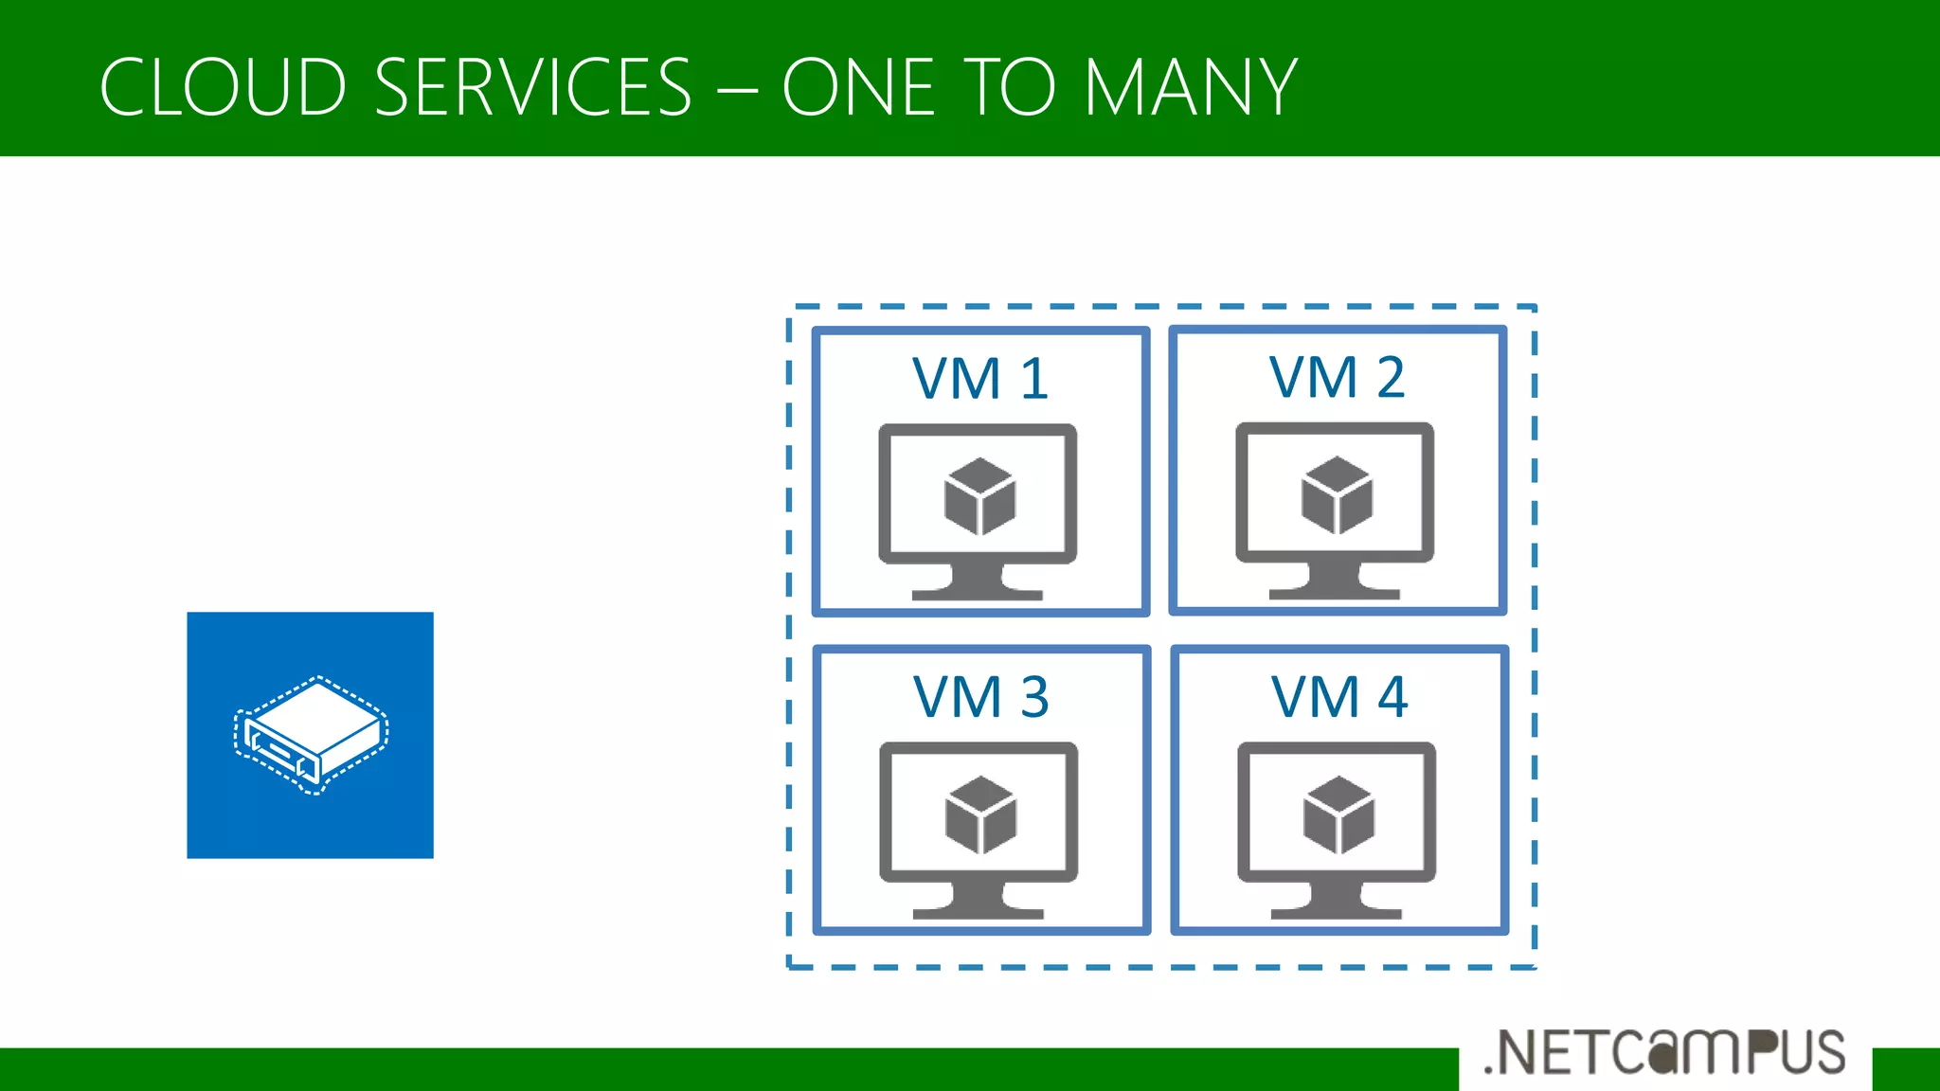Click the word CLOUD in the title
223,87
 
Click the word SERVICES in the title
533,87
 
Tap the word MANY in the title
1190,87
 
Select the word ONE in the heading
858,87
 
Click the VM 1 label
979,379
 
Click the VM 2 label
1337,377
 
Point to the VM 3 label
980,697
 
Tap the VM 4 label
1338,697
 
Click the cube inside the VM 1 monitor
979,496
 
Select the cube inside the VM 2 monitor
1337,494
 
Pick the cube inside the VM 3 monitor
980,814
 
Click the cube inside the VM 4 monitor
1338,814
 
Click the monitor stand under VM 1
978,581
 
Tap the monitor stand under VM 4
1337,902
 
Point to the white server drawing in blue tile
311,735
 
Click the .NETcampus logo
1664,1052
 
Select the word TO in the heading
1009,87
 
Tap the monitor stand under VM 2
1335,581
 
